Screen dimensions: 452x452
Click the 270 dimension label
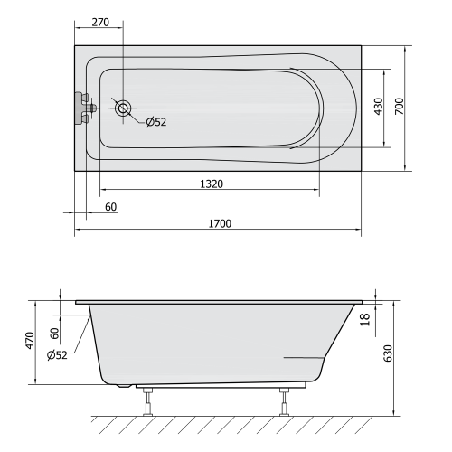click(x=100, y=23)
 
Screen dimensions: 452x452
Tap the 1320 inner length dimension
click(x=212, y=184)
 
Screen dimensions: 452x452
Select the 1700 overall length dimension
click(x=220, y=223)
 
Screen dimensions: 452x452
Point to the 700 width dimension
click(x=399, y=106)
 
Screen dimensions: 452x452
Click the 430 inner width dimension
click(x=378, y=107)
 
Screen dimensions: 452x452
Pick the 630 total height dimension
click(x=388, y=353)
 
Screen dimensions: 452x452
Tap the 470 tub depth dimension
click(x=30, y=341)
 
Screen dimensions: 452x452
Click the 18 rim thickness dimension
click(x=365, y=319)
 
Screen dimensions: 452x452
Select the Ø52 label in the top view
click(x=156, y=122)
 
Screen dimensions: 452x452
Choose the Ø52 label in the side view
click(x=57, y=355)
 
